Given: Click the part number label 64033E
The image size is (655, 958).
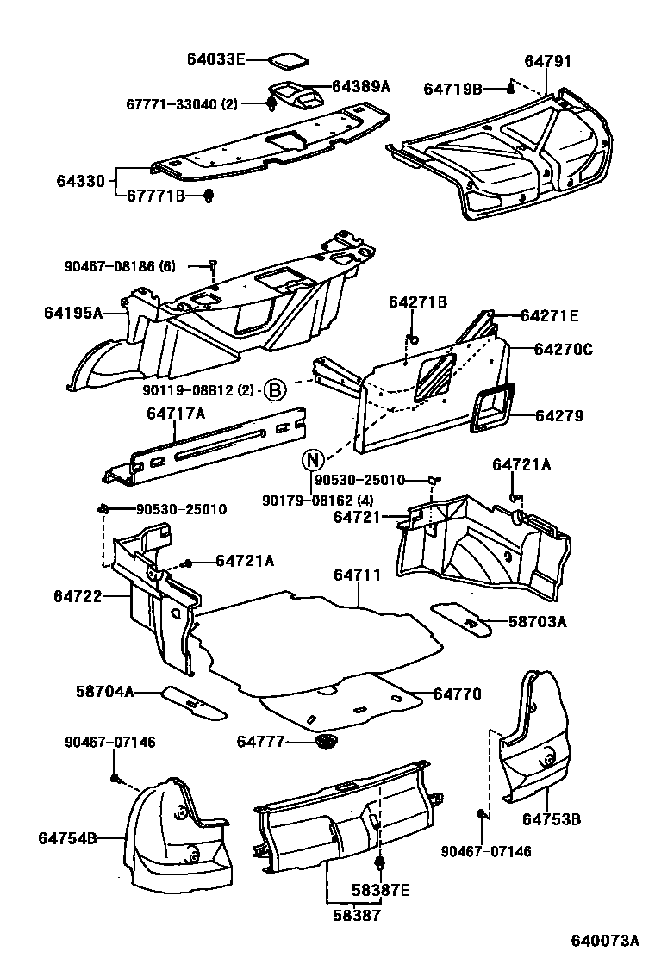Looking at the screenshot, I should pos(216,59).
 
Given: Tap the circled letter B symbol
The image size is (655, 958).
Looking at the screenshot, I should pos(273,390).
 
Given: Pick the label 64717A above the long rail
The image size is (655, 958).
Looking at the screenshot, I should pos(176,414).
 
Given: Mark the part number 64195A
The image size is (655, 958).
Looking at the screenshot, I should pos(73,312).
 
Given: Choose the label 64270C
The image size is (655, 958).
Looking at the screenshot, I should pos(563,350).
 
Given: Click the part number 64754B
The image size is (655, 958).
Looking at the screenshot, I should pos(66,837).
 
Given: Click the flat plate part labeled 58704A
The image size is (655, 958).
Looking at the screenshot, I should pos(194,701).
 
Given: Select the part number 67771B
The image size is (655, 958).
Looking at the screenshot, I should pos(156,196).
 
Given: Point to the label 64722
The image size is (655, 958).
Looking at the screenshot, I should pos(78,595).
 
